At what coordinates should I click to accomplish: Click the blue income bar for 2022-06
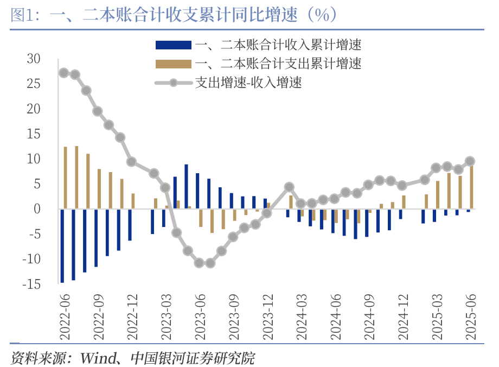point(62,245)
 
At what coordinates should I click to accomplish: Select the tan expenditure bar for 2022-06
point(66,178)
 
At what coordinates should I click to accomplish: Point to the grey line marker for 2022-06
point(63,73)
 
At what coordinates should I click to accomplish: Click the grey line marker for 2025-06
point(470,161)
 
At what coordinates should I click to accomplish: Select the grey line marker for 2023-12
point(266,213)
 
